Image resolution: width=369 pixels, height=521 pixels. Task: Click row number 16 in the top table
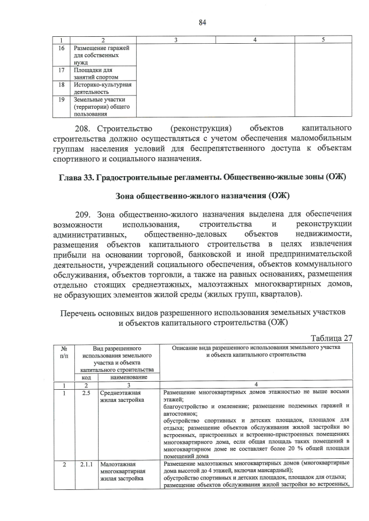(x=61, y=48)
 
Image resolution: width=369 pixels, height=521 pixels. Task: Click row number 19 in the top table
(x=61, y=99)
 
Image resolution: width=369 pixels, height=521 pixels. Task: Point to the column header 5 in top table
(x=323, y=39)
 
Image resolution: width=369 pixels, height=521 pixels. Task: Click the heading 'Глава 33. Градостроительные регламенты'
(x=202, y=176)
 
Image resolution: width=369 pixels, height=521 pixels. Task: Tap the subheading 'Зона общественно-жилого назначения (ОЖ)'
(x=202, y=196)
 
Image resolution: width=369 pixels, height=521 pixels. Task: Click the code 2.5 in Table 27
(x=86, y=392)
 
